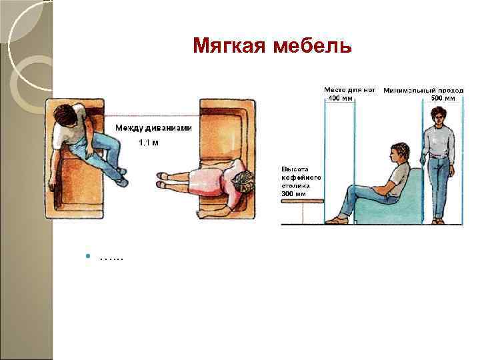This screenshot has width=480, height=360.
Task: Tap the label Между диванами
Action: pyautogui.click(x=153, y=128)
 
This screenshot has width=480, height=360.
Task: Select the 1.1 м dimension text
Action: pyautogui.click(x=148, y=143)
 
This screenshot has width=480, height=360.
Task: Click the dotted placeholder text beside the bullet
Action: pyautogui.click(x=111, y=257)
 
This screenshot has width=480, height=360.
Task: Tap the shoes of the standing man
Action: pyautogui.click(x=439, y=220)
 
